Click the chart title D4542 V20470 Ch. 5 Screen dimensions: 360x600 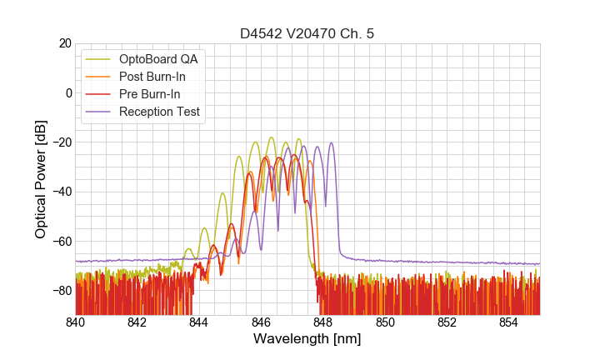pos(307,34)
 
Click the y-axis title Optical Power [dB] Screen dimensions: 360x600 pos(41,179)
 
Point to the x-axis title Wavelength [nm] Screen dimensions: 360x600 pos(307,339)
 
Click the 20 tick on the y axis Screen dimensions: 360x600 pos(64,43)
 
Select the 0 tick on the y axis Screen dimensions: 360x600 pos(67,92)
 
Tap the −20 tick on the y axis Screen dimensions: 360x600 pos(61,142)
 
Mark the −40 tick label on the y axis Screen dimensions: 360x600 pos(61,192)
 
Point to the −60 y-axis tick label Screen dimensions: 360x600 pos(61,241)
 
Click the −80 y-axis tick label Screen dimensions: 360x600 pos(61,291)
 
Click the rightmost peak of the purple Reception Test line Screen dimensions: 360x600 pos(331,143)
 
